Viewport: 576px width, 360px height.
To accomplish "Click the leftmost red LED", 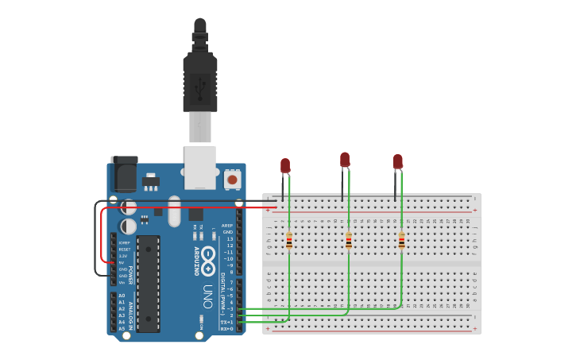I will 285,165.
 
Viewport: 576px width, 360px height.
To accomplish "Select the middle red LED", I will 345,160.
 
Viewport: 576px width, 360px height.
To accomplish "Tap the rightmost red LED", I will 397,162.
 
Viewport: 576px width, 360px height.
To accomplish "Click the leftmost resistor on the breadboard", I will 289,240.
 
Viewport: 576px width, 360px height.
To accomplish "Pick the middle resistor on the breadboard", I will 349,240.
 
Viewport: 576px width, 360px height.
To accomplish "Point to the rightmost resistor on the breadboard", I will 401,240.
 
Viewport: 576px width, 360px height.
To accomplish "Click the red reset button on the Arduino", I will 232,180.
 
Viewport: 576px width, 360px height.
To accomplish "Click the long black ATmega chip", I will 148,283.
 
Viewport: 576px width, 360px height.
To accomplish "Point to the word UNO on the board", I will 207,296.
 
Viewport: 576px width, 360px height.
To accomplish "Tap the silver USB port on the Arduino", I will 199,167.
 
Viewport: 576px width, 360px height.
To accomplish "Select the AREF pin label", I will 227,226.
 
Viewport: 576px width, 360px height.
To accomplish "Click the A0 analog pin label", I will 122,296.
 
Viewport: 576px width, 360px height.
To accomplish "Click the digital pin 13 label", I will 230,239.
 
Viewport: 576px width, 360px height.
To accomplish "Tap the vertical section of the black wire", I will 95,238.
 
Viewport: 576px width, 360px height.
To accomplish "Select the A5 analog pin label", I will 122,327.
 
